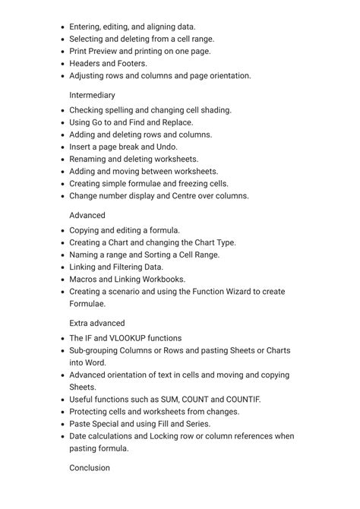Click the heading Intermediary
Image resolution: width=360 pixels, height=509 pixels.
pos(92,95)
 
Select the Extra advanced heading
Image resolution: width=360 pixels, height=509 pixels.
pos(97,323)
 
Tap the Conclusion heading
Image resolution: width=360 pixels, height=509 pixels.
pos(90,468)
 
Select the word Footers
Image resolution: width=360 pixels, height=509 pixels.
pos(131,64)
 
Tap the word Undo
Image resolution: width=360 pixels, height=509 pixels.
pos(166,147)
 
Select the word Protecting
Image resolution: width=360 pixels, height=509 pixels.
pos(92,412)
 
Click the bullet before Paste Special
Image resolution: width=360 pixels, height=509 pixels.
pos(62,424)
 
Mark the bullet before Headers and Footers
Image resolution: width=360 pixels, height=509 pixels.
pos(62,64)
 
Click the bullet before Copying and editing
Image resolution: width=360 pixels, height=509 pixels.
pos(62,230)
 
